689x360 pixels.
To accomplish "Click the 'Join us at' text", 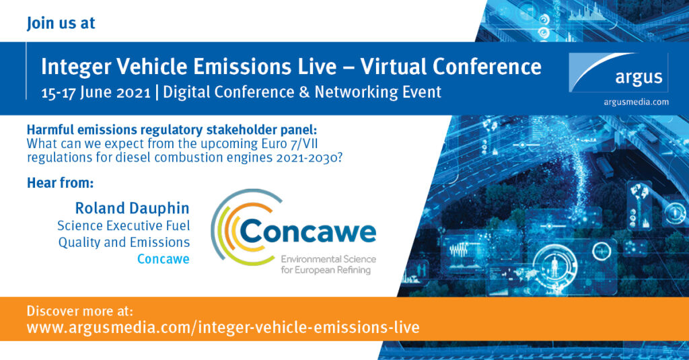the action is tap(61, 24).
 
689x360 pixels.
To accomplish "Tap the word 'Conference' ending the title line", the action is tap(487, 67).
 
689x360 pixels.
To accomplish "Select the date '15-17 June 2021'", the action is tap(96, 92).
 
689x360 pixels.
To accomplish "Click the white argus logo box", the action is tap(618, 73).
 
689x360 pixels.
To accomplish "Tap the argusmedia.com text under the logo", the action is tap(636, 102).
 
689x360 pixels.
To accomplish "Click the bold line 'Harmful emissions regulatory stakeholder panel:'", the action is tap(172, 130).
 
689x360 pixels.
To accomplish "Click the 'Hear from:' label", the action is tap(60, 182).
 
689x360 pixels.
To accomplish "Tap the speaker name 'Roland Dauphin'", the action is tap(133, 208).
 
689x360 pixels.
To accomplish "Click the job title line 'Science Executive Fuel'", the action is tap(124, 225).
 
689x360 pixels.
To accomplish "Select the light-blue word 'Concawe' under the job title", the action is tap(163, 259).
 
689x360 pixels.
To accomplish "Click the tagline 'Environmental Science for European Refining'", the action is tap(328, 264).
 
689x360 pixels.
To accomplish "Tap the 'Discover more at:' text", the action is tap(79, 311).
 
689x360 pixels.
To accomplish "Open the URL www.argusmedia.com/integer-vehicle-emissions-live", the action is tap(223, 328).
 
